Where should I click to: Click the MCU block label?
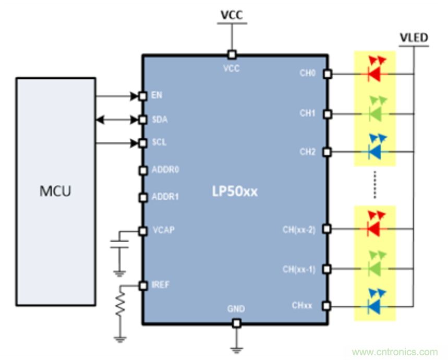pos(55,191)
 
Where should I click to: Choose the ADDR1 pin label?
pos(164,197)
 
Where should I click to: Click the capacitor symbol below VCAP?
pos(120,245)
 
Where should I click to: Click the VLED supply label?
pos(414,38)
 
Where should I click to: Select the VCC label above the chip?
pos(231,15)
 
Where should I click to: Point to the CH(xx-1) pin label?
pos(299,270)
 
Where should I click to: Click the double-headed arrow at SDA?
pos(118,120)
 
